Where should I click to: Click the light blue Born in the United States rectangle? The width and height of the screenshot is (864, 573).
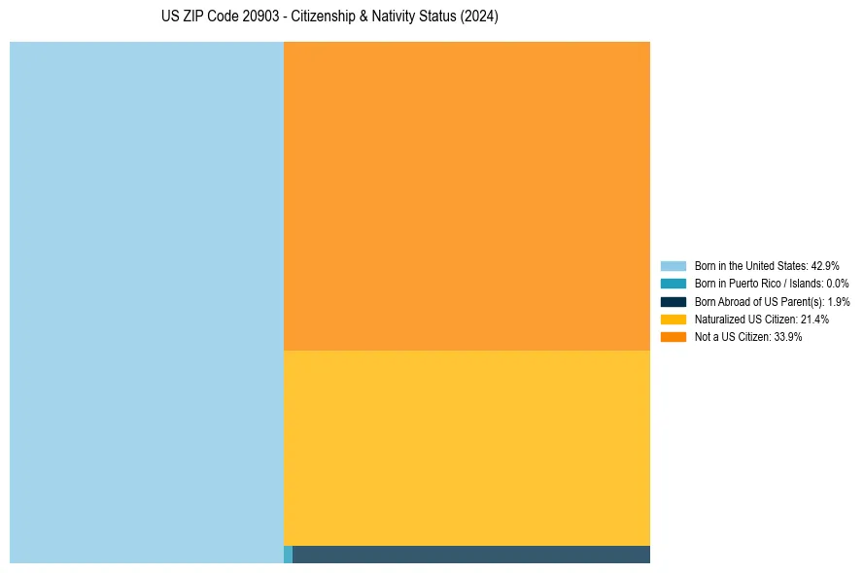click(146, 301)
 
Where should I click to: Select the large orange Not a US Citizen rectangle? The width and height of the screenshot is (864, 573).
click(467, 194)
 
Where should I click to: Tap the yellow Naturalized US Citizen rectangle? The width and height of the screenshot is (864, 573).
click(467, 447)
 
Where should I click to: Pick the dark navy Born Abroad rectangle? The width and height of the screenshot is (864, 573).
click(471, 555)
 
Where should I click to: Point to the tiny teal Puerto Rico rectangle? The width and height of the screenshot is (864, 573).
click(288, 555)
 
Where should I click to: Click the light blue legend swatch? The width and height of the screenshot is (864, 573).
click(674, 266)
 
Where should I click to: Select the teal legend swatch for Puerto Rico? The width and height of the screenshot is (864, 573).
click(674, 284)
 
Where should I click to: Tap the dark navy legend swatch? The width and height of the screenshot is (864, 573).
click(674, 301)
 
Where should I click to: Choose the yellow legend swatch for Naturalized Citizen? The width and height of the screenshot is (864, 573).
click(674, 320)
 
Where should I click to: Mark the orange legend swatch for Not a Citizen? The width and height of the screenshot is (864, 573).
click(674, 337)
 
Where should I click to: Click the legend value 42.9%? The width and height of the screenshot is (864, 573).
click(825, 266)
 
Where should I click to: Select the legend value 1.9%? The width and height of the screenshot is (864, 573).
click(839, 301)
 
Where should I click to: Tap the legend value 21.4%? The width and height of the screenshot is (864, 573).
click(814, 320)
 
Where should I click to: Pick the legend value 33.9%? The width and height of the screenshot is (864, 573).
click(788, 337)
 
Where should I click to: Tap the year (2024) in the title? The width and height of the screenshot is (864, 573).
click(480, 17)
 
